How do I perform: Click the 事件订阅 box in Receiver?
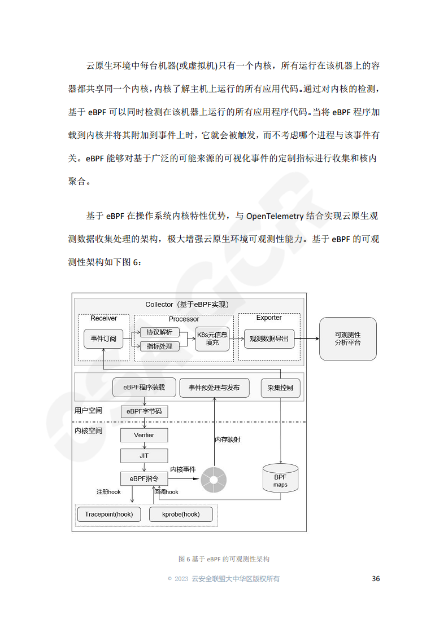point(103,339)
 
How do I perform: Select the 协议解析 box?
point(160,332)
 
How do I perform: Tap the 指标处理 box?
point(160,346)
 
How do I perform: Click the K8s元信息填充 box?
point(212,339)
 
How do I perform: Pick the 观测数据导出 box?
point(269,339)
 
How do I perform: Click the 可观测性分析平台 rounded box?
point(347,339)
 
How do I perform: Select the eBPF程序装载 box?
point(144,388)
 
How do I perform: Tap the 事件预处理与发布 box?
point(214,388)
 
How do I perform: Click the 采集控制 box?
point(281,388)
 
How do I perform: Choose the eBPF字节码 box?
point(144,411)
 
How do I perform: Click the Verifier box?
point(144,435)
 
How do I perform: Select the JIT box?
point(144,455)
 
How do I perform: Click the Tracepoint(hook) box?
point(109,514)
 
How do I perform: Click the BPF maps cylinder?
point(280,478)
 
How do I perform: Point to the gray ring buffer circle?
point(215,480)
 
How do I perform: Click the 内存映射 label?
point(227,439)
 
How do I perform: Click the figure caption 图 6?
point(224,559)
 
